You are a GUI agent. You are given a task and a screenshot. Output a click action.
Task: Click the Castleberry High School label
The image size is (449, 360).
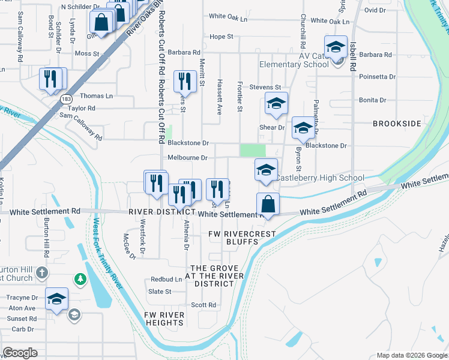tap(319, 178)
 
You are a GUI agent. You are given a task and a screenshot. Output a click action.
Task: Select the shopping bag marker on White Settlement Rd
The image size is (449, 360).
tap(268, 204)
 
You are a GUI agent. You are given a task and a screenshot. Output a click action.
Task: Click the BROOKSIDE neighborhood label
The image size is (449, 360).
tap(397, 123)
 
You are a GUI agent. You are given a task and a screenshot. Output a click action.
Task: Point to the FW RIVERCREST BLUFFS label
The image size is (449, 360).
tap(234, 237)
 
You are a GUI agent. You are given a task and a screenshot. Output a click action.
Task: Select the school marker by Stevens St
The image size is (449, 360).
tap(276, 104)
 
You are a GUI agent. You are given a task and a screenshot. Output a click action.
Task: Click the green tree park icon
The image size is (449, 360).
tap(79, 279)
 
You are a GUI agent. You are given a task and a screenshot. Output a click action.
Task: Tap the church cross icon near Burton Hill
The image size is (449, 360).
tap(41, 273)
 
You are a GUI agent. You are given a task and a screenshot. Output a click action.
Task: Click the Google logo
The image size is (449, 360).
tap(20, 353)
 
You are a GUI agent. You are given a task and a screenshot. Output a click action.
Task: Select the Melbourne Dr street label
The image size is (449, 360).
tap(187, 158)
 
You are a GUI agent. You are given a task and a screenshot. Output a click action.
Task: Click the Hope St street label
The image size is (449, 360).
tap(221, 37)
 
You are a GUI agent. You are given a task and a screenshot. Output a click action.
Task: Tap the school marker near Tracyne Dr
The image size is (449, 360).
tap(57, 299)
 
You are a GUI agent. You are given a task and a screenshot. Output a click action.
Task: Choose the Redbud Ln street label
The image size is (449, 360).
tap(166, 280)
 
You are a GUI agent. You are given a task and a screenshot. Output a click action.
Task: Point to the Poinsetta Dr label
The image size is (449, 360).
tap(377, 77)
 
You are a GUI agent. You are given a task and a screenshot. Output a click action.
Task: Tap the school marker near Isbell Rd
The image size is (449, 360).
tap(336, 47)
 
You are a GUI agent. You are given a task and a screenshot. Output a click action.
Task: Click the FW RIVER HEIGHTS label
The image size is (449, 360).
tap(164, 318)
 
